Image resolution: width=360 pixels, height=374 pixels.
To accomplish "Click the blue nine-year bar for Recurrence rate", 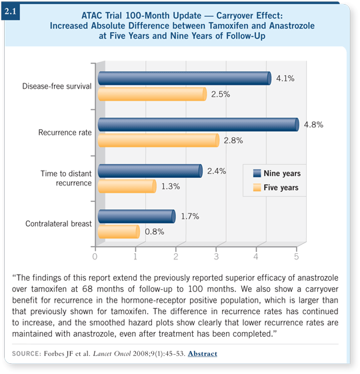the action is pos(199,125).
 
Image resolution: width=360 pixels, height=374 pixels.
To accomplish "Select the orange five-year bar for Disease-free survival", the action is pos(152,94).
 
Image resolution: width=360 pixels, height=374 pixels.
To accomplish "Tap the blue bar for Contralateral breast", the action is pos(137,217).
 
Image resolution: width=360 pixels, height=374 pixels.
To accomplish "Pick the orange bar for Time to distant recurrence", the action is pos(127,186).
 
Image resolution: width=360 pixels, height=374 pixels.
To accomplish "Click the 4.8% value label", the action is pos(313,125).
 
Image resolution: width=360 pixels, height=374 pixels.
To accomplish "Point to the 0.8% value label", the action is pos(155,231).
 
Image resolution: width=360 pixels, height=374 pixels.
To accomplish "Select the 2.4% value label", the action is pos(217,171).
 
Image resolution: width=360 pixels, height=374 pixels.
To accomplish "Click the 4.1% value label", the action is pos(285,78).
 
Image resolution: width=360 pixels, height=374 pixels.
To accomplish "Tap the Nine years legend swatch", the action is pos(257,173).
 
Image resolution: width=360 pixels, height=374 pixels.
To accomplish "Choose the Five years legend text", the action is pos(281,187).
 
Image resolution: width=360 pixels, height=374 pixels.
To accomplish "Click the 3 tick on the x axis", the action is pos(216,257).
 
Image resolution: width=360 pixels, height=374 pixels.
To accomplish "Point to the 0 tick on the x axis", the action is pos(95,257).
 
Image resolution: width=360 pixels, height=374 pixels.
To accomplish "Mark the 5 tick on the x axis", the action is pos(296,257).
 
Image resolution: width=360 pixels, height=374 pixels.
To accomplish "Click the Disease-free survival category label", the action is pos(57,86).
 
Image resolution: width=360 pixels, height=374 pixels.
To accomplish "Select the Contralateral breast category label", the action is pos(59,224).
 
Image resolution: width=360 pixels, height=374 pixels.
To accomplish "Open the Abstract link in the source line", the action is pos(203,353).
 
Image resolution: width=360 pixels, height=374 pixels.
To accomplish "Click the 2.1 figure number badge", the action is pos(10,11).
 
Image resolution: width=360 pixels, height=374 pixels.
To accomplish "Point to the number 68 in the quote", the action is pos(87,289).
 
